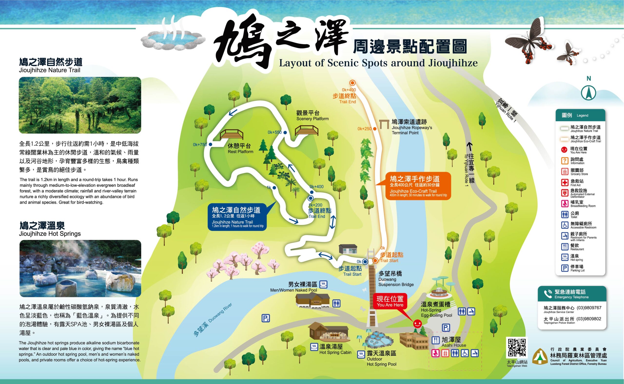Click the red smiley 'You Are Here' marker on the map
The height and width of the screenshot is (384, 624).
[x=417, y=324]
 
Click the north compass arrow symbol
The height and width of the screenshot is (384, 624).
[x=588, y=93]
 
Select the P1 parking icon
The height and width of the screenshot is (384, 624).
[x=446, y=328]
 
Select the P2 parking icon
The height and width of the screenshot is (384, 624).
[x=265, y=318]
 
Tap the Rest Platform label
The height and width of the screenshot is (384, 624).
[x=240, y=148]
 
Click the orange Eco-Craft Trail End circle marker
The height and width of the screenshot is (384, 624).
[x=352, y=83]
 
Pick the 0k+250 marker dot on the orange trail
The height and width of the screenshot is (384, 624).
[x=375, y=129]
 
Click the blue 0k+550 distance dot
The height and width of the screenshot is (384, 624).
[x=285, y=132]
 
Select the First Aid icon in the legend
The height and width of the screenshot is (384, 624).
[x=564, y=182]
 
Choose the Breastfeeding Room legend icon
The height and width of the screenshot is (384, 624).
[x=564, y=203]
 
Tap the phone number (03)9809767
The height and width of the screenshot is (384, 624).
[x=589, y=308]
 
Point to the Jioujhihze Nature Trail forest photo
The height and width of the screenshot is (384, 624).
[x=80, y=105]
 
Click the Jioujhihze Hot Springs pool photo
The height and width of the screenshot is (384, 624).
[x=80, y=268]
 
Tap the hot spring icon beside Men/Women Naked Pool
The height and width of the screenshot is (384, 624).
[x=323, y=284]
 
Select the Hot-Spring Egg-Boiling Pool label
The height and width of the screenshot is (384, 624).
[x=436, y=310]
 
